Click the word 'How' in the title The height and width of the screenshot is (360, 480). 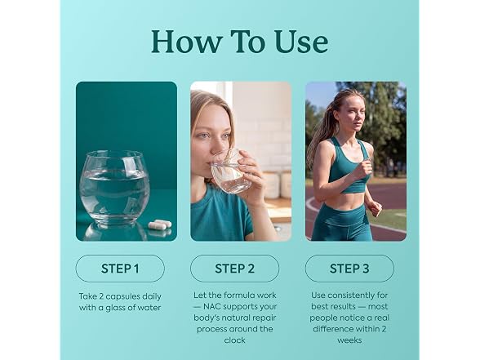click(186, 42)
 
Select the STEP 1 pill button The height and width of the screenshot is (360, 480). click(120, 269)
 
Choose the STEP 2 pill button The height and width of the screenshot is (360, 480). click(234, 269)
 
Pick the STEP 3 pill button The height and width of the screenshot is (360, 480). click(349, 269)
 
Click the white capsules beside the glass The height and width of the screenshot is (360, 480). click(160, 224)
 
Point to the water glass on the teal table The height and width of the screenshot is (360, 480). click(114, 187)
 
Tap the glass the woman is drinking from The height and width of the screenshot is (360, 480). click(230, 172)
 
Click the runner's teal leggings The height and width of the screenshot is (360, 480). click(341, 222)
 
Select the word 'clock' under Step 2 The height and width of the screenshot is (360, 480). click(234, 340)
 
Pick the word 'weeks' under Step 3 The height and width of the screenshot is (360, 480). click(349, 340)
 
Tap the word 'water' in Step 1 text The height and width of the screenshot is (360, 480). click(149, 308)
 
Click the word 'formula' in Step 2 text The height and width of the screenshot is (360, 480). click(238, 296)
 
